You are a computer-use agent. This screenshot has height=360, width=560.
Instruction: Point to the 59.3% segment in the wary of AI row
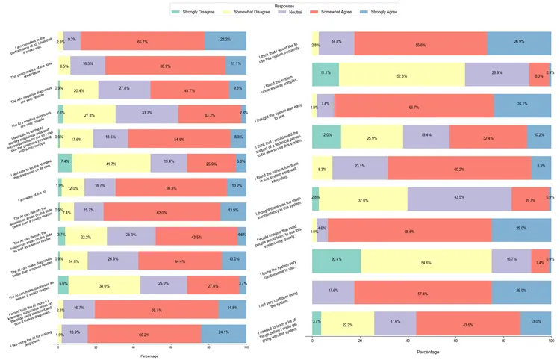171,187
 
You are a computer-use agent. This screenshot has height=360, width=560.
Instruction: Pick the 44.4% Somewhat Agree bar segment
180,261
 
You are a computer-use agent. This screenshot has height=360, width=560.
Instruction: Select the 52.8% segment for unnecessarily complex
401,75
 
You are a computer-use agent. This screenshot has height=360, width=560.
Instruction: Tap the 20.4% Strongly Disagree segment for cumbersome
336,262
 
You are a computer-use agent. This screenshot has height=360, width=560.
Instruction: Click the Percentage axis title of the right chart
429,352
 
